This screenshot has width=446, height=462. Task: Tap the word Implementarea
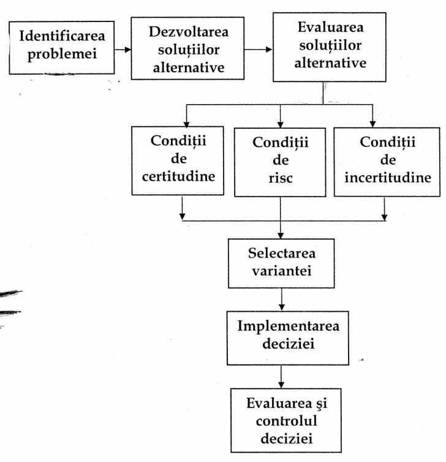[x=288, y=325]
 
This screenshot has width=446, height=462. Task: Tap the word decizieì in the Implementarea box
[x=288, y=344]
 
